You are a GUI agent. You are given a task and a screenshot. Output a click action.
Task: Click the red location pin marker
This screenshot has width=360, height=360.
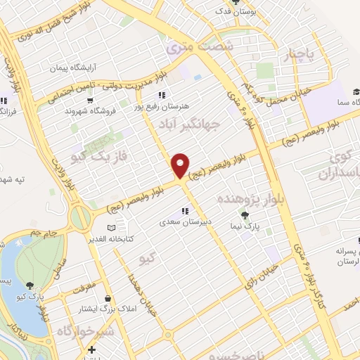pyautogui.click(x=181, y=166)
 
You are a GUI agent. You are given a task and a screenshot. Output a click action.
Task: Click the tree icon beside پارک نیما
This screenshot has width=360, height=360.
pyautogui.click(x=245, y=215)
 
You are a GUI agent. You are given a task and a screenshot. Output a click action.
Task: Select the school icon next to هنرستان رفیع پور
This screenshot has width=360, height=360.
pyautogui.click(x=161, y=94)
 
